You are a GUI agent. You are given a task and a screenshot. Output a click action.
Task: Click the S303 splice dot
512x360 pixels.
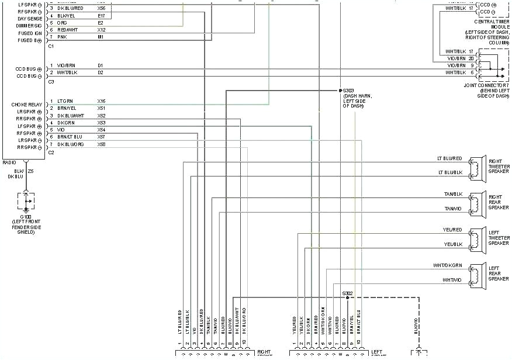point(340,91)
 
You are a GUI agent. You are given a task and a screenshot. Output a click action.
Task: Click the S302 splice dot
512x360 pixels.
point(347,297)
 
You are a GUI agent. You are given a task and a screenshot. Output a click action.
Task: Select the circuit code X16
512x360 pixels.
point(101,101)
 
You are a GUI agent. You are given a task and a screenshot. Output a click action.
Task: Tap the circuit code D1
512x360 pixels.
point(101,65)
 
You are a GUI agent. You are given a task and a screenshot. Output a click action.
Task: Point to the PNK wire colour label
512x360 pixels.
point(61,37)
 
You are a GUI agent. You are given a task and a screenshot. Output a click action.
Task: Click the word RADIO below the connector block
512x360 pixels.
point(9,162)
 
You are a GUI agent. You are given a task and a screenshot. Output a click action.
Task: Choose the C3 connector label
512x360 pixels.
point(51,81)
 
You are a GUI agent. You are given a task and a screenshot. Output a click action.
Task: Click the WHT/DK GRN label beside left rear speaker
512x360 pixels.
point(447,265)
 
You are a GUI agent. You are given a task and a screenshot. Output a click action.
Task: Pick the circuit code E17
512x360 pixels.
point(101,16)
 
